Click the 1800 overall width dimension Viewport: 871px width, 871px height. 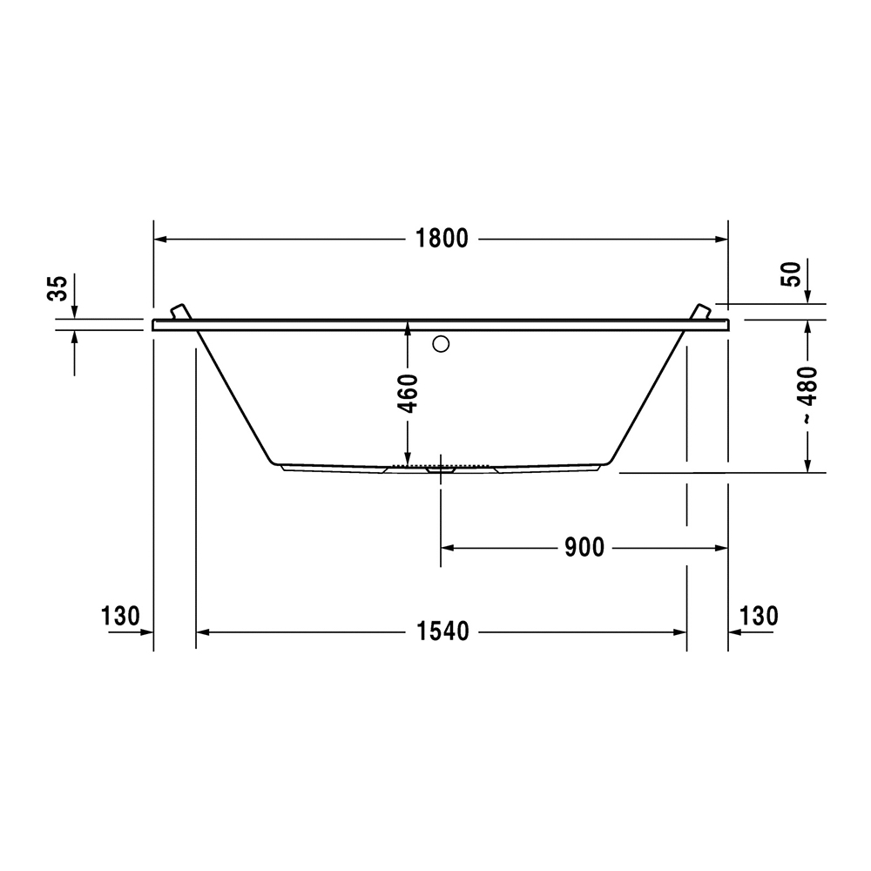pyautogui.click(x=442, y=239)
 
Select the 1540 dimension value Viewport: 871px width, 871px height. pyautogui.click(x=442, y=631)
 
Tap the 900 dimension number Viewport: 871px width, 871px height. pyautogui.click(x=584, y=548)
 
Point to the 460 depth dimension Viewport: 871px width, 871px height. pyautogui.click(x=408, y=394)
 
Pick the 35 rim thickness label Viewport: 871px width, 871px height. pyautogui.click(x=57, y=287)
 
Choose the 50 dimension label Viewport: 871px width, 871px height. pyautogui.click(x=792, y=273)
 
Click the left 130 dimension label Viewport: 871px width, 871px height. pyautogui.click(x=120, y=616)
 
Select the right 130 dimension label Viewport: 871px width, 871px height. pyautogui.click(x=759, y=616)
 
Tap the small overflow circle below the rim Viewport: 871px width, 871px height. pyautogui.click(x=441, y=344)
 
